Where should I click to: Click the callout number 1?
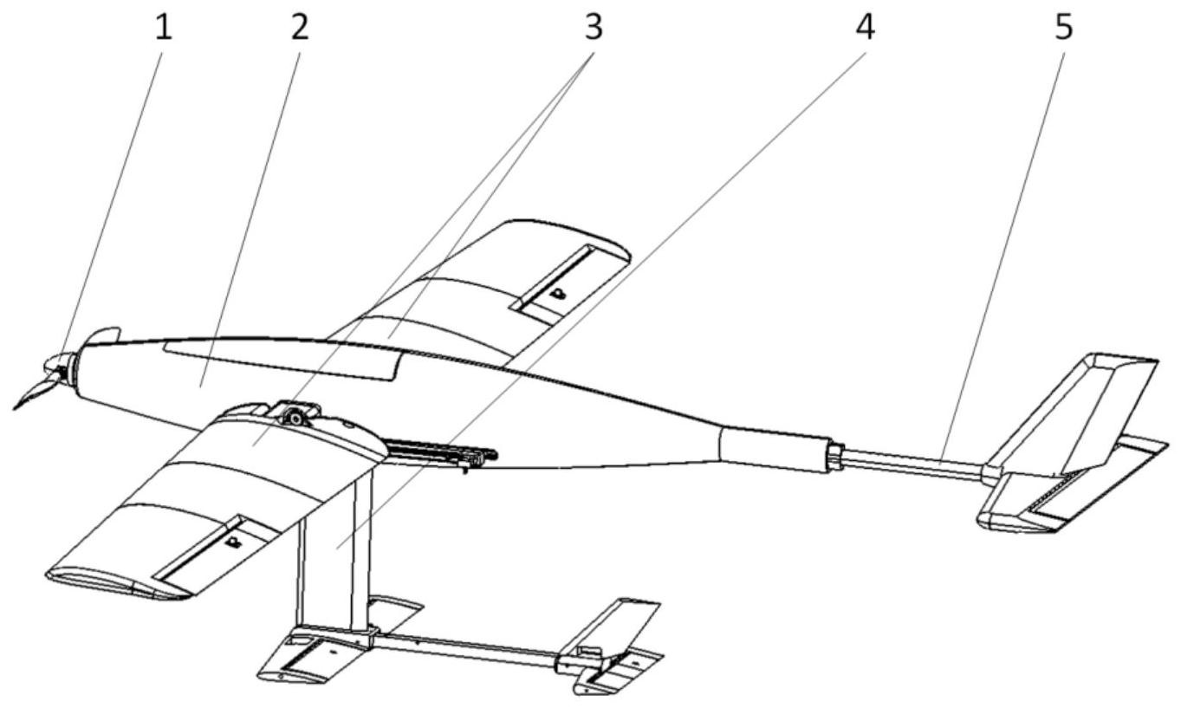pyautogui.click(x=164, y=28)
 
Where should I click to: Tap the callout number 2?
pyautogui.click(x=300, y=28)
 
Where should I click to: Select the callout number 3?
pyautogui.click(x=594, y=28)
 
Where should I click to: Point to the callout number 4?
pyautogui.click(x=866, y=28)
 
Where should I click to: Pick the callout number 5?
pyautogui.click(x=1064, y=28)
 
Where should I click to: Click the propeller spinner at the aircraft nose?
pyautogui.click(x=58, y=365)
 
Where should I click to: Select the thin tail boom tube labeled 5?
pyautogui.click(x=913, y=463)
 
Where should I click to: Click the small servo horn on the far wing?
pyautogui.click(x=558, y=294)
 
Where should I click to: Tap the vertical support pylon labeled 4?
pyautogui.click(x=334, y=549)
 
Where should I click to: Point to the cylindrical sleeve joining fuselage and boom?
pyautogui.click(x=775, y=449)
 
